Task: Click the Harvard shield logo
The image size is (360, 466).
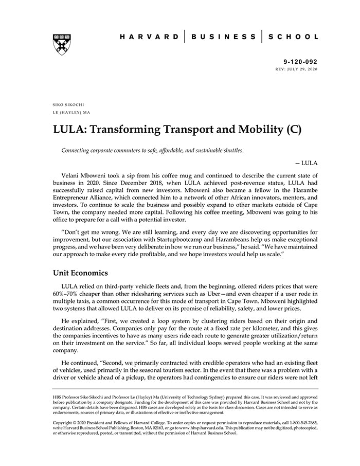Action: [x=61, y=45]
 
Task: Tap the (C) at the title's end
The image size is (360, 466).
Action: [x=292, y=129]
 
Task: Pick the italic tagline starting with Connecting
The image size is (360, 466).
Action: [x=152, y=150]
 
